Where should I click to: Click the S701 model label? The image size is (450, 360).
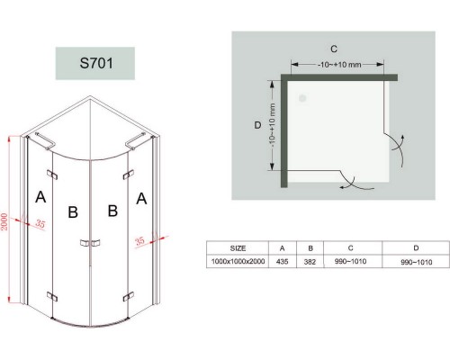click(96, 63)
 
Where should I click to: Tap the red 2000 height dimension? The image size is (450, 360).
click(4, 221)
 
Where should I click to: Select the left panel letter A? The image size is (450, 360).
click(40, 197)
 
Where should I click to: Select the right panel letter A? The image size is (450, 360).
click(141, 199)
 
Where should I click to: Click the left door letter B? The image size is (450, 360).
click(73, 212)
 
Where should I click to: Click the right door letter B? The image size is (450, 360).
click(112, 211)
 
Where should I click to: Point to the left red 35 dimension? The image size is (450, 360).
click(40, 223)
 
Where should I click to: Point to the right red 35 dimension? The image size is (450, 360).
click(139, 241)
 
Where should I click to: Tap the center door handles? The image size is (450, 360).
click(90, 243)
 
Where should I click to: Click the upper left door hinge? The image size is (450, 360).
click(52, 175)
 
